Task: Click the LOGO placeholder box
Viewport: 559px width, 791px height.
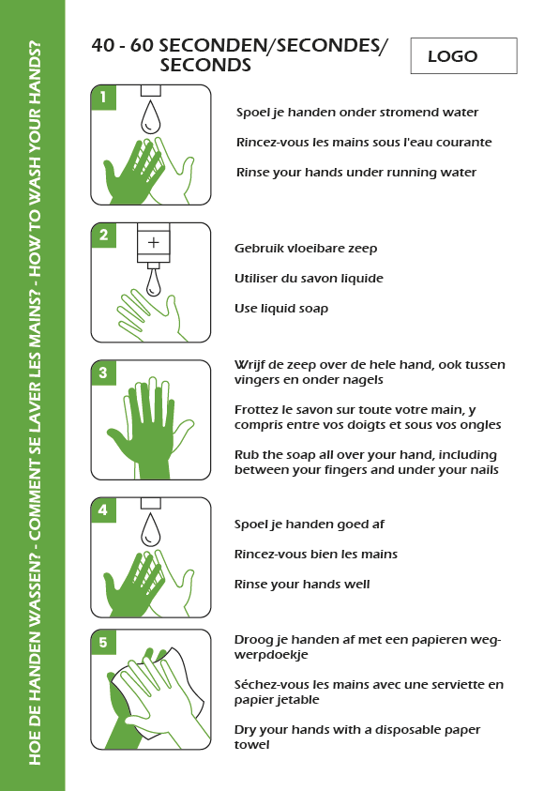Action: point(463,55)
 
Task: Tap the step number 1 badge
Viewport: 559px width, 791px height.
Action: point(103,97)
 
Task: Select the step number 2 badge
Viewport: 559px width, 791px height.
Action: point(103,236)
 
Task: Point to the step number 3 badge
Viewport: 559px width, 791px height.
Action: point(103,373)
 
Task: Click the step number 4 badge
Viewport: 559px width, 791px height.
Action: point(103,510)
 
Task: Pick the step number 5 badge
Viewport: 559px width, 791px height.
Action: point(103,642)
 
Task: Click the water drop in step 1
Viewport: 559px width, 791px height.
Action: point(150,117)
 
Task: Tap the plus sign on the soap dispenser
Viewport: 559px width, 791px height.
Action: point(153,243)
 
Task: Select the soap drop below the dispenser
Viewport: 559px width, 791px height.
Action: point(154,283)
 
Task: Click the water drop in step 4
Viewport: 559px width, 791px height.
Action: point(150,530)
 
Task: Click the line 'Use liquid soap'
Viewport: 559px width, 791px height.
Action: point(281,308)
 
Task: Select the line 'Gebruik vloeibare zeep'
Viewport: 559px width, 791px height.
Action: point(306,249)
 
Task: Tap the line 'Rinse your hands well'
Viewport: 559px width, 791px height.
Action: point(302,585)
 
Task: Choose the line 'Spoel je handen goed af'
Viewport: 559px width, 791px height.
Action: point(309,525)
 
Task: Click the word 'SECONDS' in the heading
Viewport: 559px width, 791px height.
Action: point(205,65)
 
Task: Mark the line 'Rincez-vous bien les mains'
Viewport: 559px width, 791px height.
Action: point(315,554)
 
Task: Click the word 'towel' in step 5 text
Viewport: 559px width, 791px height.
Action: point(251,745)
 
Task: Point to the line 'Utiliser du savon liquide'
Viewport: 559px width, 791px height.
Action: point(309,279)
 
